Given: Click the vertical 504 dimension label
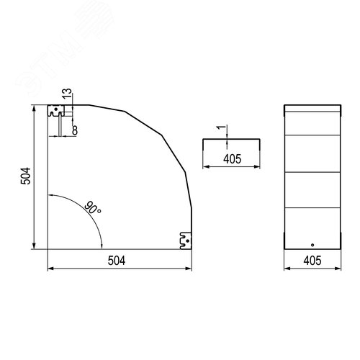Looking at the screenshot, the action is pos(26,176).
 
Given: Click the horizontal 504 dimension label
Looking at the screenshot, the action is pos(117,261).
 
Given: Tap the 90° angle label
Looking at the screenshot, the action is pos(93,208).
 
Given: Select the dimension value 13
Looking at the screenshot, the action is pos(67,93).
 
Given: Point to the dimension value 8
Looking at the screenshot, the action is pos(75,130).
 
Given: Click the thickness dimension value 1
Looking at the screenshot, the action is pos(222,127).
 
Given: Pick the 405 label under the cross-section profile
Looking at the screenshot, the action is pos(232,159).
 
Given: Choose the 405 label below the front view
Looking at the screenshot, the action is pos(312,261).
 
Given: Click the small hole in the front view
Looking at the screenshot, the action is pos(312,245).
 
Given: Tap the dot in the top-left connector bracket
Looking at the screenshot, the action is pos(56,109).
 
